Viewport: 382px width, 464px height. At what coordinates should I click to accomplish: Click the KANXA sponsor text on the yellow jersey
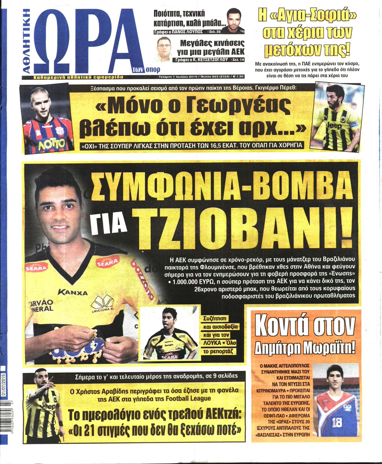72,292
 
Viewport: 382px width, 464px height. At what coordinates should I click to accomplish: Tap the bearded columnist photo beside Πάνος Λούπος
234,21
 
